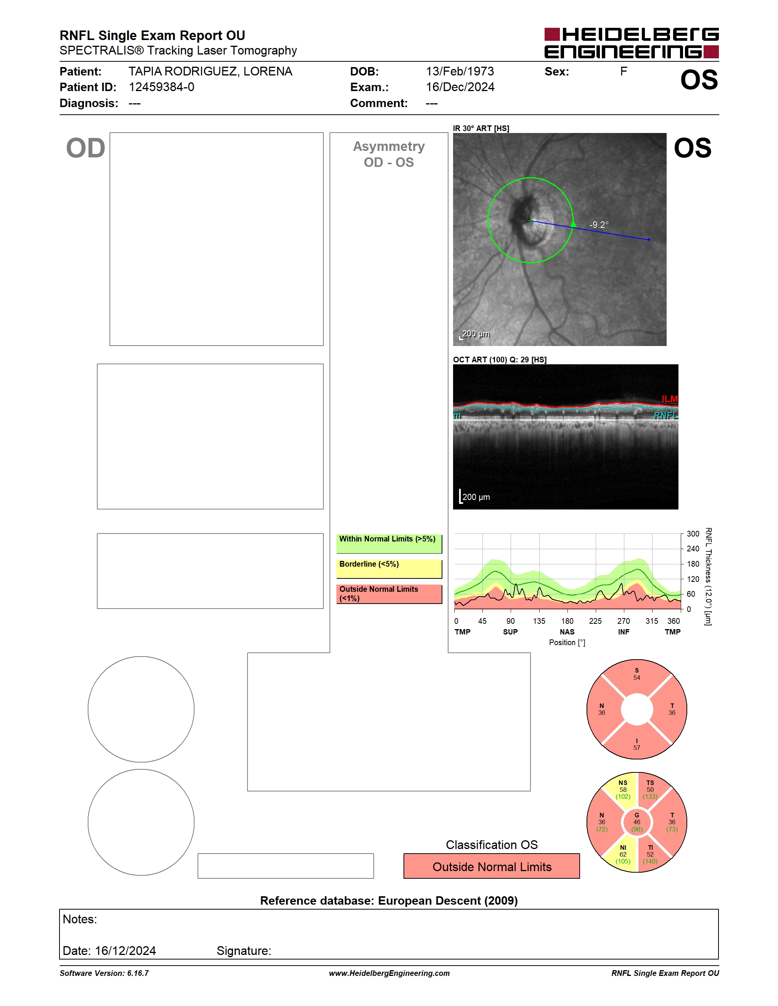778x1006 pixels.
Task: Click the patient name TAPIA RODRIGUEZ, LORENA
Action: (210, 71)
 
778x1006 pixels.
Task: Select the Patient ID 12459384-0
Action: (161, 87)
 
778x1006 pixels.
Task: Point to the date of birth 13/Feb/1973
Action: (460, 71)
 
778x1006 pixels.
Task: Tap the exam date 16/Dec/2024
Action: (460, 87)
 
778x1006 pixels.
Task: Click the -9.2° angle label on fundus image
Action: (599, 225)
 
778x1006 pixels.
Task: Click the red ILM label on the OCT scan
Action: (670, 399)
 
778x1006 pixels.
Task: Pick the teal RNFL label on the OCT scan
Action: (666, 415)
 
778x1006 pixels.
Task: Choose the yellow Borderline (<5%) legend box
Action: (389, 569)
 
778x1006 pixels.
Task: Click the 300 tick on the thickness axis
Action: (693, 534)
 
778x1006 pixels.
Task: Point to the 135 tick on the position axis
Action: (539, 621)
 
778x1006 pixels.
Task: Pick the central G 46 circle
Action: (637, 822)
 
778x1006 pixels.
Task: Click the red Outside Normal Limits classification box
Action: (492, 867)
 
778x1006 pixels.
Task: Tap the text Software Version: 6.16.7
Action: (104, 973)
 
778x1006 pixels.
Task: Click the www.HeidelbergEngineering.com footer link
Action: (389, 973)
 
